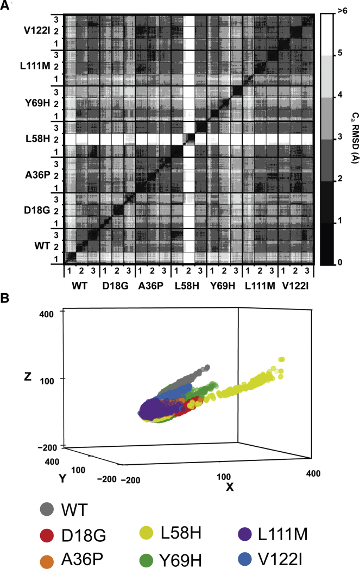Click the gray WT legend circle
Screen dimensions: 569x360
click(47, 510)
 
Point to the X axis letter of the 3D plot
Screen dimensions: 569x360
click(230, 487)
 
